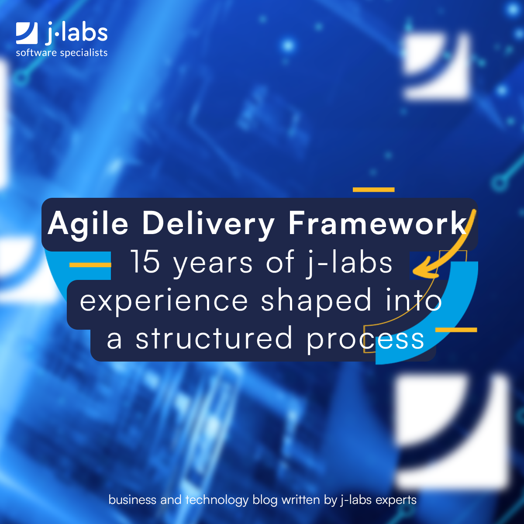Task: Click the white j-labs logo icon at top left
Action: pyautogui.click(x=27, y=34)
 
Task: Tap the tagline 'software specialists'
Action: pyautogui.click(x=62, y=53)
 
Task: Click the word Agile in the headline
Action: pyautogui.click(x=88, y=224)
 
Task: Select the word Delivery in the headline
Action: pyautogui.click(x=208, y=224)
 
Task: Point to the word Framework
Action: pyautogui.click(x=377, y=224)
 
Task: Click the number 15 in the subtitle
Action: pyautogui.click(x=145, y=262)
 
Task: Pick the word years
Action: pyautogui.click(x=213, y=263)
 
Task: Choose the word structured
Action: pyautogui.click(x=214, y=339)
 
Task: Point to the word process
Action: pyautogui.click(x=365, y=340)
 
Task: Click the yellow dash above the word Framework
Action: pyautogui.click(x=373, y=190)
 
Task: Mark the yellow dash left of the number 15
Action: pyautogui.click(x=90, y=265)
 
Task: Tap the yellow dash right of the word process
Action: pyautogui.click(x=456, y=330)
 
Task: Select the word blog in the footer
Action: pyautogui.click(x=265, y=500)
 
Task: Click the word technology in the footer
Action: pyautogui.click(x=217, y=500)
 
